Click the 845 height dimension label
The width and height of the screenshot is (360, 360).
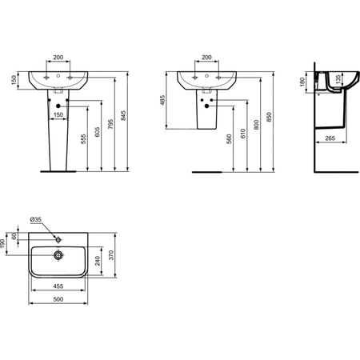pos(123,115)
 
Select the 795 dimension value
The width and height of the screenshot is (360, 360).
pos(110,124)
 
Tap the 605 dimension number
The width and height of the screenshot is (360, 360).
pos(97,132)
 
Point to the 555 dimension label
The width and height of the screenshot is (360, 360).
pos(83,139)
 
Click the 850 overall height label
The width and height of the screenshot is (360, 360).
pos(269,117)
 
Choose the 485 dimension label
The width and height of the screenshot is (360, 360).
pos(162,100)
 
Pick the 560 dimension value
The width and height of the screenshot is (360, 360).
pos(229,139)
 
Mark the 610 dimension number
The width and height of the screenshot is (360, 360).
pos(243,134)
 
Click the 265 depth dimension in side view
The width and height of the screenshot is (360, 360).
pos(330,138)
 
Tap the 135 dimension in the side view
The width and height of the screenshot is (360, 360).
pos(338,79)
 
